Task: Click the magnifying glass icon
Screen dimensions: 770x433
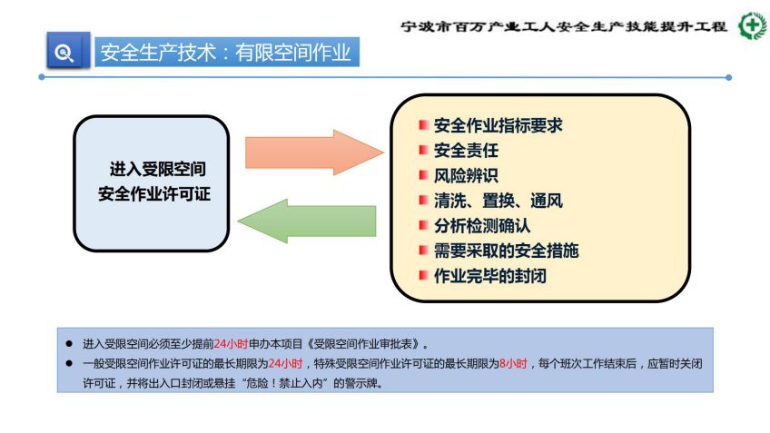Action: tap(64, 52)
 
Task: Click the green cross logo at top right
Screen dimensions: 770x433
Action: tap(753, 25)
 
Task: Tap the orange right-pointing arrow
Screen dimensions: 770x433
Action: tap(314, 153)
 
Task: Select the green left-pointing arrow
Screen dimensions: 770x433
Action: tap(307, 221)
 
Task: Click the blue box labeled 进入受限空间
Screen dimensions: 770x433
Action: tap(152, 183)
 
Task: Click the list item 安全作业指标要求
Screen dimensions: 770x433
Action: tap(498, 125)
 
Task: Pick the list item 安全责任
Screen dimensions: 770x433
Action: tap(466, 150)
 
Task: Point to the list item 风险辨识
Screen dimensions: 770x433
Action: tap(466, 175)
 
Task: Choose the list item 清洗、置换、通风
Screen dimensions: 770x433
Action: tap(498, 201)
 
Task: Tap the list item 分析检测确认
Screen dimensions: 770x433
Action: tap(482, 226)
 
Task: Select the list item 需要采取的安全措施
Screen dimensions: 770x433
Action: tap(507, 251)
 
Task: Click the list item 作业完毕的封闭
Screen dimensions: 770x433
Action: tap(490, 276)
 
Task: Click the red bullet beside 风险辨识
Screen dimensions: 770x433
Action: tap(423, 175)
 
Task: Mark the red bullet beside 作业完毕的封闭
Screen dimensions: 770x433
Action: tap(423, 275)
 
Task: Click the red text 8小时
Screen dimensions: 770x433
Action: tap(513, 364)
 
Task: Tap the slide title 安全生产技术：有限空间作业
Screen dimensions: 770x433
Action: tap(226, 53)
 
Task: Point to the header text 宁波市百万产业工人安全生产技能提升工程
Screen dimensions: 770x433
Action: tap(564, 26)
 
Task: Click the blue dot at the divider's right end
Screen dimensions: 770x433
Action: tap(729, 77)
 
